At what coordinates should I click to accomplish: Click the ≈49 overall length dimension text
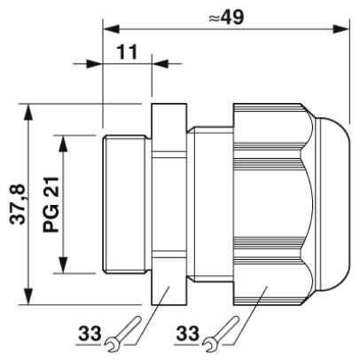tap(226, 17)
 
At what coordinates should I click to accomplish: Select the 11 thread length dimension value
tap(128, 52)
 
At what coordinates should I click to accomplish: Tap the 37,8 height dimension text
tap(18, 204)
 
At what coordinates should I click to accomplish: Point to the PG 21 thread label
tap(51, 204)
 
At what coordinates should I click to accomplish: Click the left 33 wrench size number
tap(90, 334)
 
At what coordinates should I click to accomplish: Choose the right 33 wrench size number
tap(188, 334)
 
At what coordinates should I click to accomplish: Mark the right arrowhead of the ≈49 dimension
tap(341, 29)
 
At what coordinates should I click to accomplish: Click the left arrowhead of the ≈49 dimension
tap(111, 29)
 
